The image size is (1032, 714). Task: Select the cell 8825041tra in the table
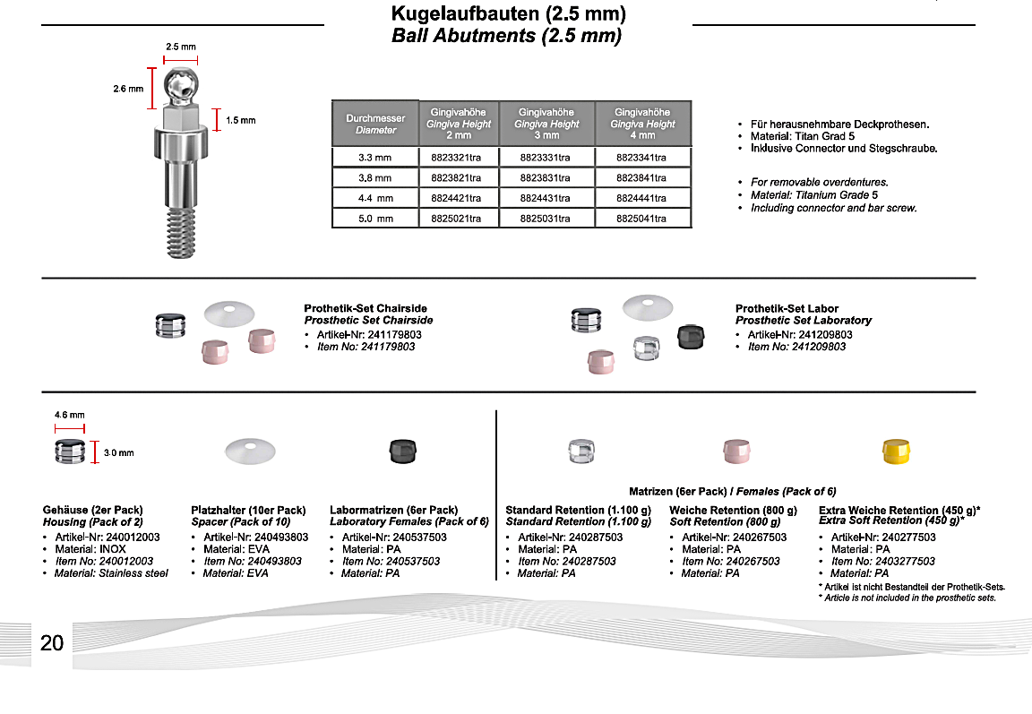[642, 218]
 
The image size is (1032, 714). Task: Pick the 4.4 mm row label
[375, 198]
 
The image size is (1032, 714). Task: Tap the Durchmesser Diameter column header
[375, 124]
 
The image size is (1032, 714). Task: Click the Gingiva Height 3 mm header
[546, 124]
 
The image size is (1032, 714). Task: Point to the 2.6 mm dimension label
[128, 89]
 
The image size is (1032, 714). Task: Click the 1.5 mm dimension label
[240, 120]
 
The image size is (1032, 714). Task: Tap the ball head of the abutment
[181, 84]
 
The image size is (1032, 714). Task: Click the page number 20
[52, 642]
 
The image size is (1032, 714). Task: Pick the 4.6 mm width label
[70, 415]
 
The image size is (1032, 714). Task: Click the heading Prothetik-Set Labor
[787, 308]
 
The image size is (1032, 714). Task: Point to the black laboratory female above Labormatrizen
[400, 451]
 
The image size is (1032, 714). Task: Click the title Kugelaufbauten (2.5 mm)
[508, 14]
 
